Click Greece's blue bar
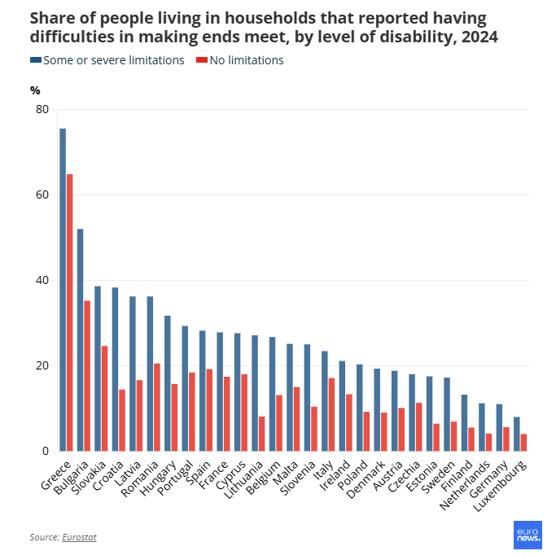63,290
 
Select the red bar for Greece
70,312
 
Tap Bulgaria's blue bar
80,340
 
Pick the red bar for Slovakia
104,399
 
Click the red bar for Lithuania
262,434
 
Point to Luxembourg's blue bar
517,434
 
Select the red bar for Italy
331,414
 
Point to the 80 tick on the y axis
42,110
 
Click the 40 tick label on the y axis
42,281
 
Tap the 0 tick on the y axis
46,452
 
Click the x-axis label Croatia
111,478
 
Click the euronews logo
528,535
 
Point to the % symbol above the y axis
35,90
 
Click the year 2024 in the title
479,37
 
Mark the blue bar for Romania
150,374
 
